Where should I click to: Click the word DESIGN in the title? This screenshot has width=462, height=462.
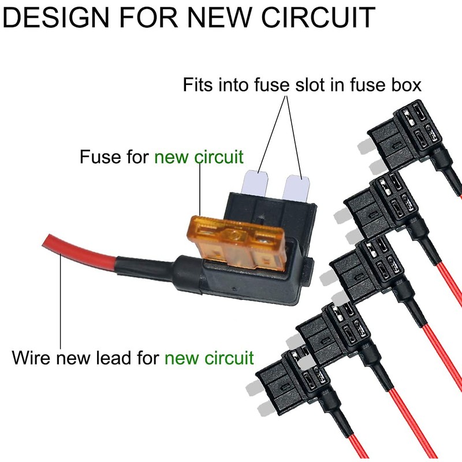click(55, 17)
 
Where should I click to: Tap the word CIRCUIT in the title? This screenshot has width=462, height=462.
click(318, 17)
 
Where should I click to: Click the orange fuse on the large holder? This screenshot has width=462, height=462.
click(237, 243)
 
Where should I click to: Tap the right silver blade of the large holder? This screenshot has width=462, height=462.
click(296, 189)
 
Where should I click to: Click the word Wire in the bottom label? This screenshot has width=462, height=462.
click(31, 357)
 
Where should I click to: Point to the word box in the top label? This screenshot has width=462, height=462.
click(407, 84)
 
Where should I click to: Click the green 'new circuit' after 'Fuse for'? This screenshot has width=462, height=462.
click(199, 157)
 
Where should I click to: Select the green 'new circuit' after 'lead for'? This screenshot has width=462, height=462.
click(209, 357)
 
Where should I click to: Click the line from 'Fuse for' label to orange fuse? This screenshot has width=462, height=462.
click(200, 190)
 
